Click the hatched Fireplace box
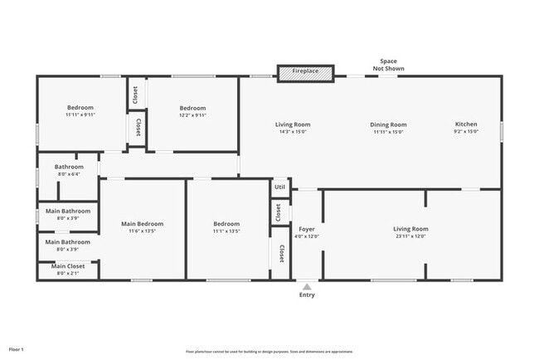click(305, 72)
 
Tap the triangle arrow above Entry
click(307, 286)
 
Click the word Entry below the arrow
click(307, 295)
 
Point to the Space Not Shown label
click(388, 65)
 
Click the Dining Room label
click(388, 124)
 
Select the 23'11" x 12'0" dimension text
click(410, 236)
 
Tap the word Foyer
click(307, 229)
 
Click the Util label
click(279, 187)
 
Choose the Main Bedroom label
click(142, 223)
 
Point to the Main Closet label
click(68, 266)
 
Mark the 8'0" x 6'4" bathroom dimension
click(69, 174)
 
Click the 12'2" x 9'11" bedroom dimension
click(192, 115)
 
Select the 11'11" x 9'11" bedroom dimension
click(80, 115)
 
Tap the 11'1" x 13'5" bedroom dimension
click(226, 231)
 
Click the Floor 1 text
click(17, 349)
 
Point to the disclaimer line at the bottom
click(269, 351)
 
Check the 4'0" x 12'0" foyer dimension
click(307, 236)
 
